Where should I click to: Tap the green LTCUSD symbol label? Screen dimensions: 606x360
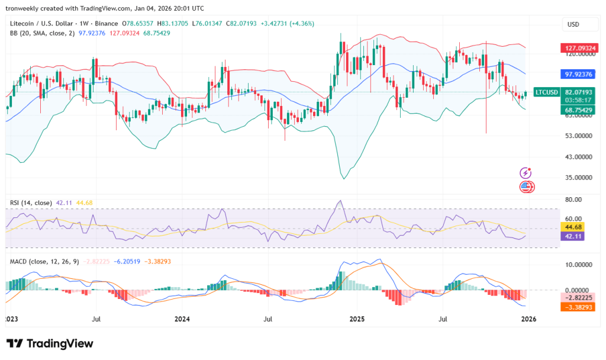click(546, 92)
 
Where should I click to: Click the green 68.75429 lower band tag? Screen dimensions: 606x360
click(578, 110)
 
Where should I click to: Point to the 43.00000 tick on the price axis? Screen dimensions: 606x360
click(579, 157)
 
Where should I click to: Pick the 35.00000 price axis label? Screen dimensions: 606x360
click(579, 178)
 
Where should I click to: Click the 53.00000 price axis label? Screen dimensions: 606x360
click(579, 136)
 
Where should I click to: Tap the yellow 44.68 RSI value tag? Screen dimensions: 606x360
click(572, 227)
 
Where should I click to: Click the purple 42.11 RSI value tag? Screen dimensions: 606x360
click(572, 236)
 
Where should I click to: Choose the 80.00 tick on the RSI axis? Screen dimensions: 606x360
click(573, 200)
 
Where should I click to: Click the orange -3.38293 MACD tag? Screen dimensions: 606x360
click(578, 307)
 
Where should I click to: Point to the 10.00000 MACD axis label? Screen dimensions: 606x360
click(579, 265)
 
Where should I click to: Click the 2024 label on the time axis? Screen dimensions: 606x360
click(182, 319)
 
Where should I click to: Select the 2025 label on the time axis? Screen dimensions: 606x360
click(357, 319)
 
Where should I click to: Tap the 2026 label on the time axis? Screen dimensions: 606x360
click(528, 319)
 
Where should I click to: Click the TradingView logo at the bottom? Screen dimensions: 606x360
click(50, 343)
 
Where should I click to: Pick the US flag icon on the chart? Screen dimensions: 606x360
click(526, 187)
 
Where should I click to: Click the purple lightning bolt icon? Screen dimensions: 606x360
click(526, 173)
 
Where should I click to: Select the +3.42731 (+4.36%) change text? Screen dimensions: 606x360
click(287, 24)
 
